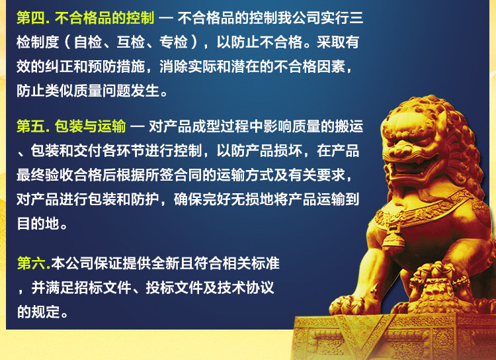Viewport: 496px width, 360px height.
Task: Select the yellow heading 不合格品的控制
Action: coord(104,18)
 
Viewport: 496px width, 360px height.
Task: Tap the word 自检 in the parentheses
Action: coord(88,42)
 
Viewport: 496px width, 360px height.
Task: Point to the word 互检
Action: coord(131,42)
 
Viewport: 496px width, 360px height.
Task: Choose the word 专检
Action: coord(174,42)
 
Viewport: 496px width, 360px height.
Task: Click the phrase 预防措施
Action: coord(116,66)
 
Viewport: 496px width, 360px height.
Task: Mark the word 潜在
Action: coord(245,66)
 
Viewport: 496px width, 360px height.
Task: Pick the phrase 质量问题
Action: coord(102,91)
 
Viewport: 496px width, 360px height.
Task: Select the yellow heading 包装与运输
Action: coord(91,126)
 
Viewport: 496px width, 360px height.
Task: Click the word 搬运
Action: coord(349,126)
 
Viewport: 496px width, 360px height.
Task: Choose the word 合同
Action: coord(188,175)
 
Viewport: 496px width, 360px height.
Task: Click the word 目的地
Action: coord(38,224)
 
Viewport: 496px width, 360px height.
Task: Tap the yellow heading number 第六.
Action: coord(32,263)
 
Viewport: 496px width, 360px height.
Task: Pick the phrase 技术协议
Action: coord(245,288)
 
